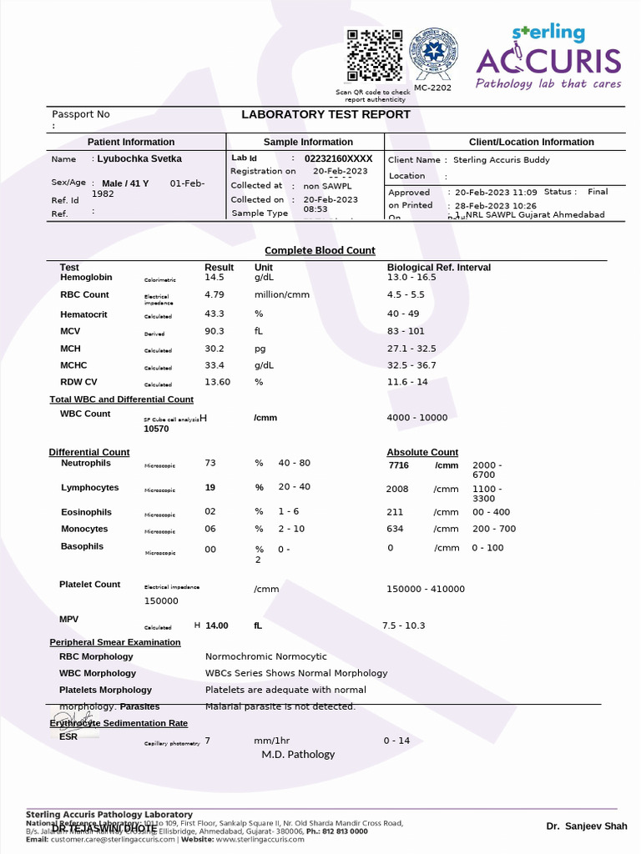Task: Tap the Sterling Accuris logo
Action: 548,57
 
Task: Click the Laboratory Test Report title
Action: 326,115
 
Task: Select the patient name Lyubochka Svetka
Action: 139,158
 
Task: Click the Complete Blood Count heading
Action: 320,250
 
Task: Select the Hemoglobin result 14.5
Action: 215,277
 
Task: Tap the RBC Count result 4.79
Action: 215,294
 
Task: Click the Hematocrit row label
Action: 83,314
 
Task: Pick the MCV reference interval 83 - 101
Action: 406,332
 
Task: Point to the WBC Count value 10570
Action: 156,429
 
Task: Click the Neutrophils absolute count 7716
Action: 398,465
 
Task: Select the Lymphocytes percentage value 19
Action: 210,488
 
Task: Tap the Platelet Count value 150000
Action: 161,600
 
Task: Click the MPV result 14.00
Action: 216,625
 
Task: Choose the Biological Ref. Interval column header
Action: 438,268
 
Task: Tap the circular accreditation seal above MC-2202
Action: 432,53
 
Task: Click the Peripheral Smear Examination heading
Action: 114,642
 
